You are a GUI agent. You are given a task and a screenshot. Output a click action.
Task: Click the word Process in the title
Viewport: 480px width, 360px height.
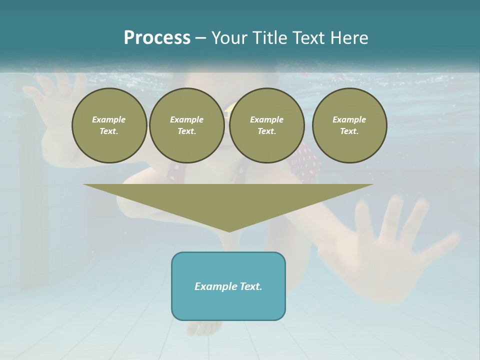[x=157, y=38]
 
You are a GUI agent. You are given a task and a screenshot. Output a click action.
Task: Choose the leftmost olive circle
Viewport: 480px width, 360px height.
[x=109, y=125]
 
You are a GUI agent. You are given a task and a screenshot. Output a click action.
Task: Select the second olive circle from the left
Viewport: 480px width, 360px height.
[x=187, y=125]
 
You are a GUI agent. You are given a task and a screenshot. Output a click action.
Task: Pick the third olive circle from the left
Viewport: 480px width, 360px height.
[x=267, y=125]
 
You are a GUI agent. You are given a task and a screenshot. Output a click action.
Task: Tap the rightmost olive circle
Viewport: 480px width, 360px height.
[x=349, y=125]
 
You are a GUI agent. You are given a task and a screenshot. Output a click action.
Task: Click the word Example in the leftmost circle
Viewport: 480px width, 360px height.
[x=109, y=119]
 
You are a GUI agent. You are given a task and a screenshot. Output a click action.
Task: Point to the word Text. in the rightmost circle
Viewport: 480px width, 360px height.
[x=349, y=131]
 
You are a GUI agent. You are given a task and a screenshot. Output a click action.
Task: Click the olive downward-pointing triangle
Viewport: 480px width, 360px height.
[x=228, y=200]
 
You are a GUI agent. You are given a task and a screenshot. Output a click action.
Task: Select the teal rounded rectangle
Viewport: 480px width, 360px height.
[x=228, y=286]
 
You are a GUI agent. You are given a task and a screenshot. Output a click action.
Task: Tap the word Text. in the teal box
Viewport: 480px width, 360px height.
[x=250, y=286]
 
